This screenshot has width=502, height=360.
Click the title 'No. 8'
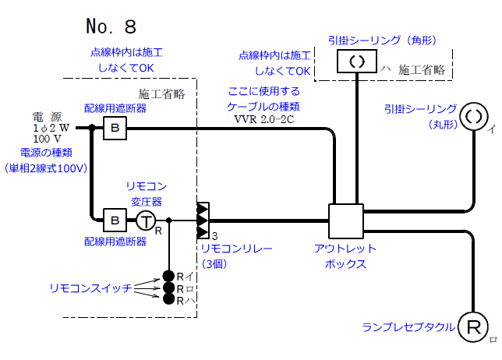111,27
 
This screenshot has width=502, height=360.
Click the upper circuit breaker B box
115,128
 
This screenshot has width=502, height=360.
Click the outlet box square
346,221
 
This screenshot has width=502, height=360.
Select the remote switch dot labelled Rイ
168,275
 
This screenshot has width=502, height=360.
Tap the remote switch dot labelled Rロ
168,288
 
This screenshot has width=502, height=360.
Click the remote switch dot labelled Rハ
168,299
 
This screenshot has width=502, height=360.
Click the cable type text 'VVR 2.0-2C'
263,120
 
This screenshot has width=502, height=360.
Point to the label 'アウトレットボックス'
345,256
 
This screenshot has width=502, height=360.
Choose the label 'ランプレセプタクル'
408,327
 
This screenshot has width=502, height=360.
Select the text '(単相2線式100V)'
44,168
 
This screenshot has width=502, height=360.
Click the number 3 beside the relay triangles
214,236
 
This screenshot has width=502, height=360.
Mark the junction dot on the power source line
92,128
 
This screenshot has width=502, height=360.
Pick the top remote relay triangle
203,209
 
